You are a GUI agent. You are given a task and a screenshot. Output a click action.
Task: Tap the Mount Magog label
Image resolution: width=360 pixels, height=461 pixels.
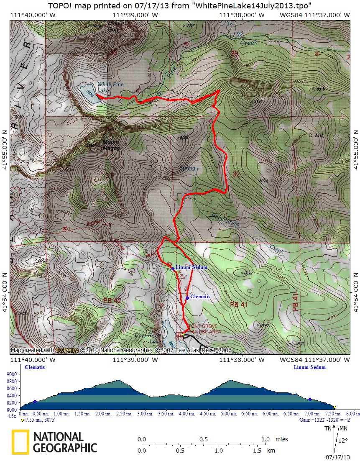[x=111, y=145]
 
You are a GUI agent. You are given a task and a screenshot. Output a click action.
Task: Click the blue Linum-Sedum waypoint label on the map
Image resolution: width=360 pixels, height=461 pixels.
[x=191, y=267]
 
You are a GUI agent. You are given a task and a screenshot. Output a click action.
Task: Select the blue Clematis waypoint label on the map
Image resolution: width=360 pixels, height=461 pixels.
[x=200, y=297]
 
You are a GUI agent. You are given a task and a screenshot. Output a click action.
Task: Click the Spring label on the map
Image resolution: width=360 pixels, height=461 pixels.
[x=187, y=168]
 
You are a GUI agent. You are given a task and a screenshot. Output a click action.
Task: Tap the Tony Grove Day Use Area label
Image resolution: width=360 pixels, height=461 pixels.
[x=204, y=328]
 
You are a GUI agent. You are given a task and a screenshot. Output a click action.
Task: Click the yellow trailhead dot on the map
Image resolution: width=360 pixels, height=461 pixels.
[x=183, y=335]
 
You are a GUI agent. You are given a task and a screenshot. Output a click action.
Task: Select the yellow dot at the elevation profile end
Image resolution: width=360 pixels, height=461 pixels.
[x=334, y=407]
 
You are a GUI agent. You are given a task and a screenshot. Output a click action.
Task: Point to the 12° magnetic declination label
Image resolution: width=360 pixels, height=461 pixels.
[x=343, y=441]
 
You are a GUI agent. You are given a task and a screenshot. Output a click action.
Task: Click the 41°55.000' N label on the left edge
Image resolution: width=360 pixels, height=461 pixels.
[x=5, y=141]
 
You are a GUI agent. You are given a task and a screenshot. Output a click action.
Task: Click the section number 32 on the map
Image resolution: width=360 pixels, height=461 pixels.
[x=236, y=174]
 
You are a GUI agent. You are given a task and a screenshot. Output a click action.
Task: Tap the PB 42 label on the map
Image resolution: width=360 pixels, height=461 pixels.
[x=112, y=301]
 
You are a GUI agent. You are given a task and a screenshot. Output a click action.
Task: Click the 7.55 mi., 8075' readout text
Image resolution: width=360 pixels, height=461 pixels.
[x=40, y=419]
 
